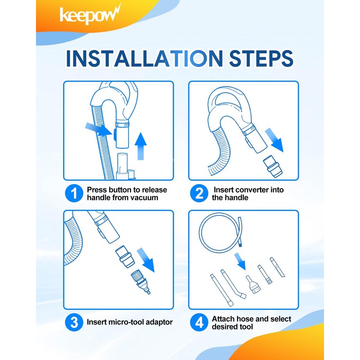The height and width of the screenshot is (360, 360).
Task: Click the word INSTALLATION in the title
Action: click(x=144, y=58)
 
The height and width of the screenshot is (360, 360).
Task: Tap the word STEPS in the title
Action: click(x=261, y=58)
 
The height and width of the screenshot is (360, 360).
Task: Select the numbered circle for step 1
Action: click(x=74, y=193)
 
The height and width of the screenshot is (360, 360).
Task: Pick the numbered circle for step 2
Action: click(x=199, y=193)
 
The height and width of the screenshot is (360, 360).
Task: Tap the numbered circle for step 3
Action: click(x=74, y=322)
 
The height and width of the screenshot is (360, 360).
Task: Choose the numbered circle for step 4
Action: click(x=199, y=322)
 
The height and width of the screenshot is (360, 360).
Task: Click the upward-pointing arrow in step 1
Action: click(x=140, y=146)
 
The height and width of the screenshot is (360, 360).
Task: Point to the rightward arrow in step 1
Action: click(x=99, y=129)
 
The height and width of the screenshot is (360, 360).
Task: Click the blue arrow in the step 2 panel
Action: click(x=274, y=140)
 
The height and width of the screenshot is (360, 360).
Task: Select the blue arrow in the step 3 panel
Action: click(x=146, y=260)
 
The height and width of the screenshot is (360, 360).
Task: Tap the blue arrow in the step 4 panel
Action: click(x=240, y=261)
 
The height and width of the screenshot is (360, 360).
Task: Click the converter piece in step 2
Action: click(x=271, y=166)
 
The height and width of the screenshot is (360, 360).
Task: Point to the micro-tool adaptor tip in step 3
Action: click(x=141, y=282)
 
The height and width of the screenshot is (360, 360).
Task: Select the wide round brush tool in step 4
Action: click(x=253, y=285)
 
